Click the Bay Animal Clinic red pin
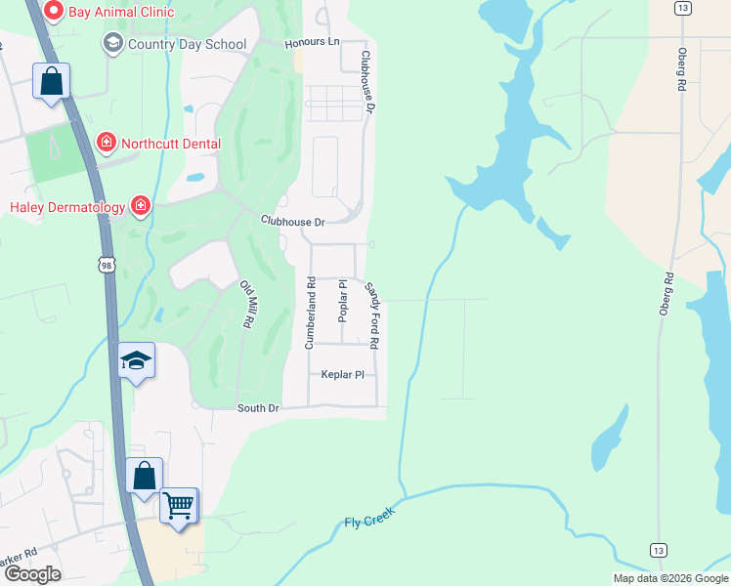pos(54,12)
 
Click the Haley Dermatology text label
pos(67,206)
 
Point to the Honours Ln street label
pos(311,43)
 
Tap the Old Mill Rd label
pos(248,304)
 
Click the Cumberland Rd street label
pos(310,314)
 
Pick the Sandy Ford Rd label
pos(372,314)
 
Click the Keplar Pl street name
pos(342,374)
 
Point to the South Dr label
pos(258,407)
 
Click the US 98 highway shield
pos(106,265)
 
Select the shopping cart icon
pos(178,506)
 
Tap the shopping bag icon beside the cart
pos(145,477)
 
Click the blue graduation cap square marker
pos(137,360)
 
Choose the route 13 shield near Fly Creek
pos(658,551)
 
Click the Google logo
pos(32,573)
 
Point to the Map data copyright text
pos(669,578)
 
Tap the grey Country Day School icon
pos(113,44)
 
